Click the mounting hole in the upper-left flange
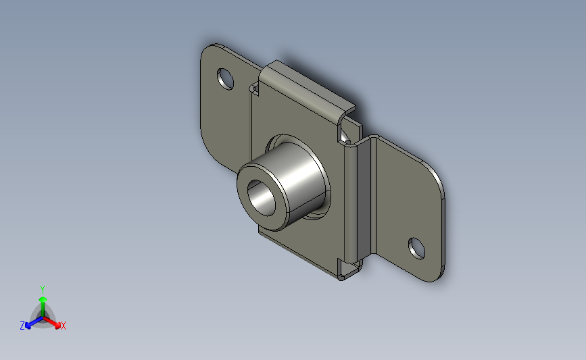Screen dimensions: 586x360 point(225,79)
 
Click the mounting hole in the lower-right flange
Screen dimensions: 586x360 point(417,249)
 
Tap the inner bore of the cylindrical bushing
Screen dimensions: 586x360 point(262,198)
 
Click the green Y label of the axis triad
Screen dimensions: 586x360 point(43,290)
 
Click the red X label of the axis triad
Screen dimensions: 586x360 point(63,326)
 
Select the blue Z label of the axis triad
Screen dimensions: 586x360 point(22,326)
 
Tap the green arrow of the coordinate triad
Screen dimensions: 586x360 point(43,306)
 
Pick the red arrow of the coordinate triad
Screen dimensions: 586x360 point(51,322)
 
